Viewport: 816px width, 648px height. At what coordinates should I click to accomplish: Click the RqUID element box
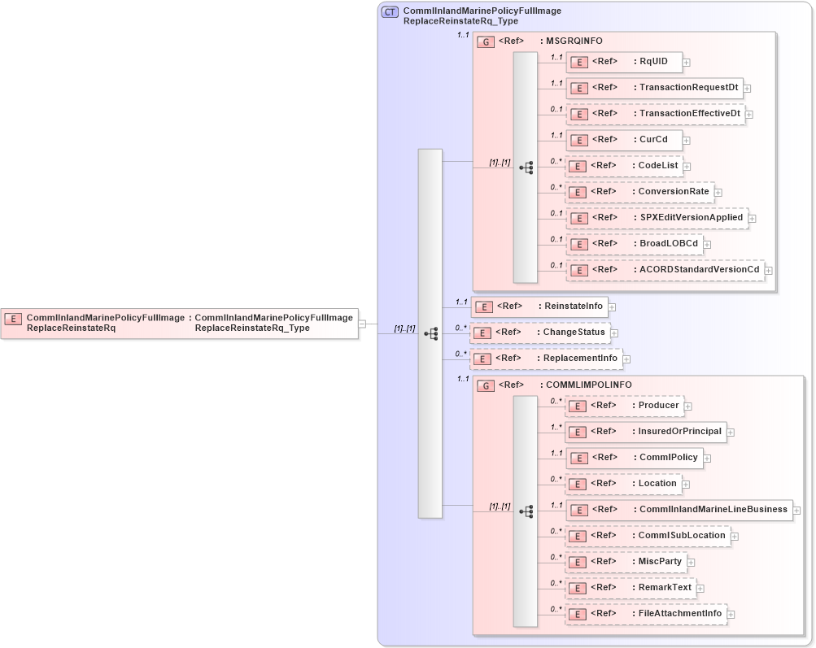click(x=623, y=61)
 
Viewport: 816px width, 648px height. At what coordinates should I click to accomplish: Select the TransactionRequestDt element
click(x=654, y=88)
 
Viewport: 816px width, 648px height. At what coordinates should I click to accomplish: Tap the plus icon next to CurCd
click(x=687, y=141)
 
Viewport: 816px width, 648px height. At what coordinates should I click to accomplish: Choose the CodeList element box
click(x=623, y=166)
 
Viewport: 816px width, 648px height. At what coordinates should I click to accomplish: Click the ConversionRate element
click(x=639, y=193)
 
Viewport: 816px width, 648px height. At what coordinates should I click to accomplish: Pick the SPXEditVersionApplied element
click(x=657, y=218)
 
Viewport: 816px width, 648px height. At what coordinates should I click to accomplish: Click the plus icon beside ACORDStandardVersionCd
click(x=768, y=271)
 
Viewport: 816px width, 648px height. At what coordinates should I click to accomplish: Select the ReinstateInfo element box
click(x=539, y=307)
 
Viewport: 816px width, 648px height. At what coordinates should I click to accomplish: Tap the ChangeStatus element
click(x=539, y=333)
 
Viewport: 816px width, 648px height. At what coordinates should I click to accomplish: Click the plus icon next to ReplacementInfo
click(x=626, y=359)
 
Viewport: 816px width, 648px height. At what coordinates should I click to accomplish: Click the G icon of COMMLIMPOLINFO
click(x=486, y=385)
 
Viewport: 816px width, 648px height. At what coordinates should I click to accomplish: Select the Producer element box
click(x=624, y=405)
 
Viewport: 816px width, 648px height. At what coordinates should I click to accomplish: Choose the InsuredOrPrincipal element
click(x=646, y=432)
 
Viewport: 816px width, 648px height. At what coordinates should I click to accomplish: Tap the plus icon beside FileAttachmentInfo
click(x=731, y=615)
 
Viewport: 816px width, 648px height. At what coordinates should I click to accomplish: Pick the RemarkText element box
click(x=630, y=588)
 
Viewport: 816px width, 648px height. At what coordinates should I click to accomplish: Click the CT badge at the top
click(x=390, y=12)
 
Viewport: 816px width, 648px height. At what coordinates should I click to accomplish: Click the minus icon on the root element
click(x=362, y=324)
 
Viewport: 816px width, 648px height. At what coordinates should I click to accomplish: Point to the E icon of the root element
click(x=14, y=318)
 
